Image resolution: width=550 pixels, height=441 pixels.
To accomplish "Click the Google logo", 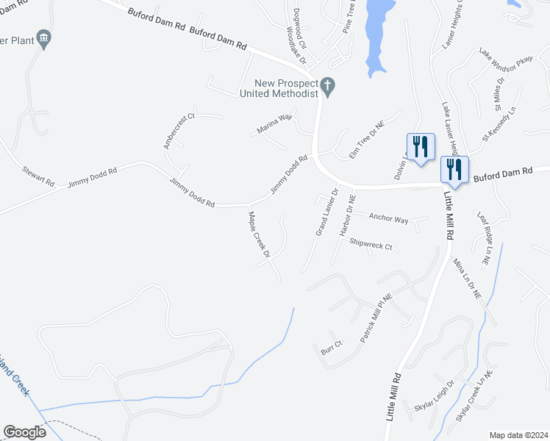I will (x=24, y=432).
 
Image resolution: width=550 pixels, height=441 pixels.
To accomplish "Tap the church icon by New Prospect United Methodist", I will (x=329, y=87).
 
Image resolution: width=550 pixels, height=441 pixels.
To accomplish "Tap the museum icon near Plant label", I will (x=44, y=38).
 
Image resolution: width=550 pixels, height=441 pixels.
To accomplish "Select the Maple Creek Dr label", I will (x=260, y=234).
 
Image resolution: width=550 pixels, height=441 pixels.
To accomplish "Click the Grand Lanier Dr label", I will (x=326, y=212).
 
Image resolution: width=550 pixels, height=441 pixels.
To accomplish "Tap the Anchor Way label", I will (x=388, y=218).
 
